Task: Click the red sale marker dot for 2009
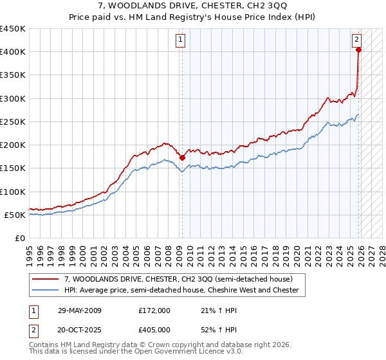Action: pyautogui.click(x=182, y=157)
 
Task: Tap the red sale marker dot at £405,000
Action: pyautogui.click(x=359, y=50)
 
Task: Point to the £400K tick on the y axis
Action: pyautogui.click(x=13, y=52)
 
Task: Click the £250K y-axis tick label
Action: pyautogui.click(x=13, y=122)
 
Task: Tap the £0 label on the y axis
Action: pyautogui.click(x=19, y=238)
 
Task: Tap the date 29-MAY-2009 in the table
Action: pyautogui.click(x=78, y=310)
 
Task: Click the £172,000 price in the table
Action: pyautogui.click(x=154, y=310)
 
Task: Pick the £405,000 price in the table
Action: pyautogui.click(x=154, y=330)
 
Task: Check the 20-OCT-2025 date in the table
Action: pyautogui.click(x=78, y=330)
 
